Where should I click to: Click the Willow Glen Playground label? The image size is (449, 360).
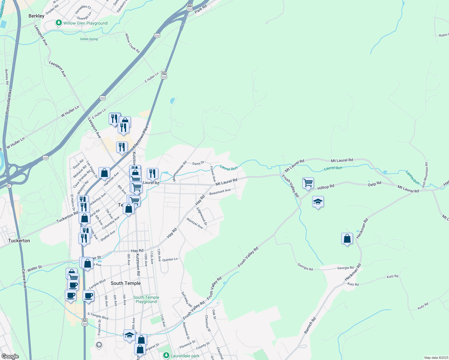coord(85,23)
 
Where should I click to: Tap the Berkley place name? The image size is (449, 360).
coord(36,16)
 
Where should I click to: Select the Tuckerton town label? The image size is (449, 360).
coord(19,241)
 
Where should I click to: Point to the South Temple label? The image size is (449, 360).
coord(125,283)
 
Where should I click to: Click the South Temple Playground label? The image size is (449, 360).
coord(146,299)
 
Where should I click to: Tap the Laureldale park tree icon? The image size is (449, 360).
coord(166,355)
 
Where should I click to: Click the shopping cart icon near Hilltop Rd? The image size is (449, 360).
coord(308,182)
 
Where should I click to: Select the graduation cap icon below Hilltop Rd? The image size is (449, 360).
coord(318,202)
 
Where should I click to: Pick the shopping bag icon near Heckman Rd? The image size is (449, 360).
coord(347,239)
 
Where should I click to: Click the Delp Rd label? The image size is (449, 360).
coord(375,184)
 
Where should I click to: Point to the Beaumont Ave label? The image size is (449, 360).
coord(220,192)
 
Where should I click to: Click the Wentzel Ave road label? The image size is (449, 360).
coord(195,223)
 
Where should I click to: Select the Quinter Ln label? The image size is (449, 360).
coord(170,259)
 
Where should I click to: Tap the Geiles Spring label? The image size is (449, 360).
coord(89,39)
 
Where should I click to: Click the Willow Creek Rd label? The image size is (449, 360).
coord(132,43)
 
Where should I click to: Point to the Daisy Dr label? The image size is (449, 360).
coord(198,163)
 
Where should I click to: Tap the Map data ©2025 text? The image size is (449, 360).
coord(436,358)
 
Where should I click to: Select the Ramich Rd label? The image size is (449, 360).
coord(310,325)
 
